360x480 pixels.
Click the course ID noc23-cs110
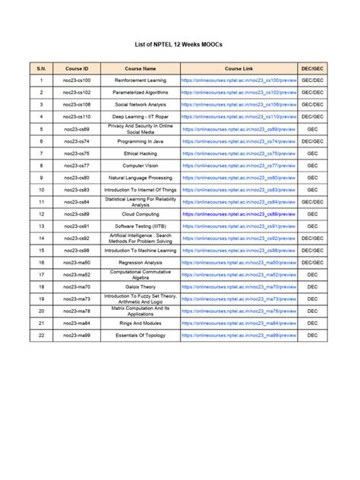(76, 117)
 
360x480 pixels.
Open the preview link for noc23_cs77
(240, 166)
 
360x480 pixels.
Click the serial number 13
(42, 226)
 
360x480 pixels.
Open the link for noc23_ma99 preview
(239, 336)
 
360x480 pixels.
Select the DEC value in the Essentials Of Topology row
(312, 336)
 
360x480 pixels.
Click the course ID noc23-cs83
(76, 190)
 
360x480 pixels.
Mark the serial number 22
(42, 336)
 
